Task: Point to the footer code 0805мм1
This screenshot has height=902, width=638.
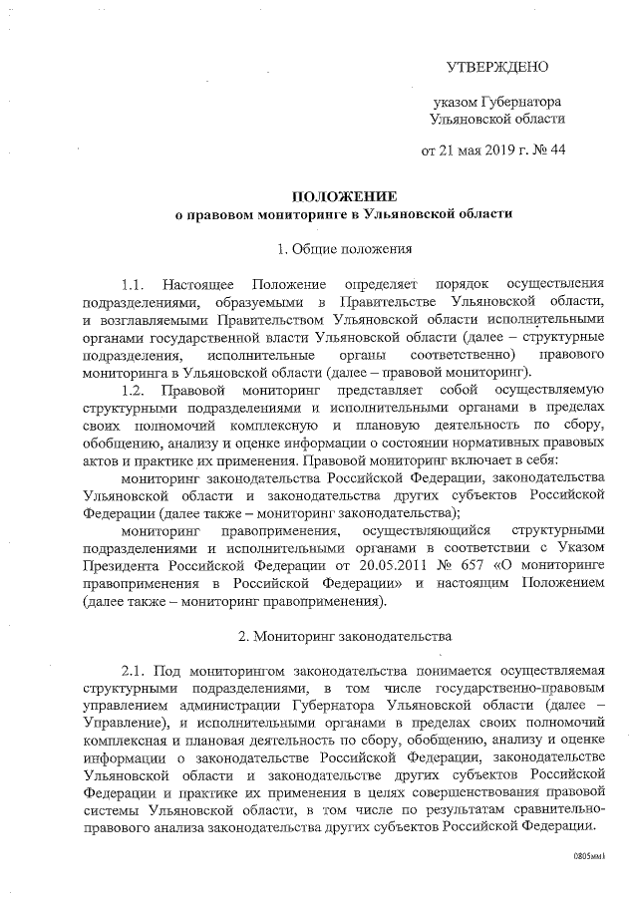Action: click(x=589, y=857)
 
